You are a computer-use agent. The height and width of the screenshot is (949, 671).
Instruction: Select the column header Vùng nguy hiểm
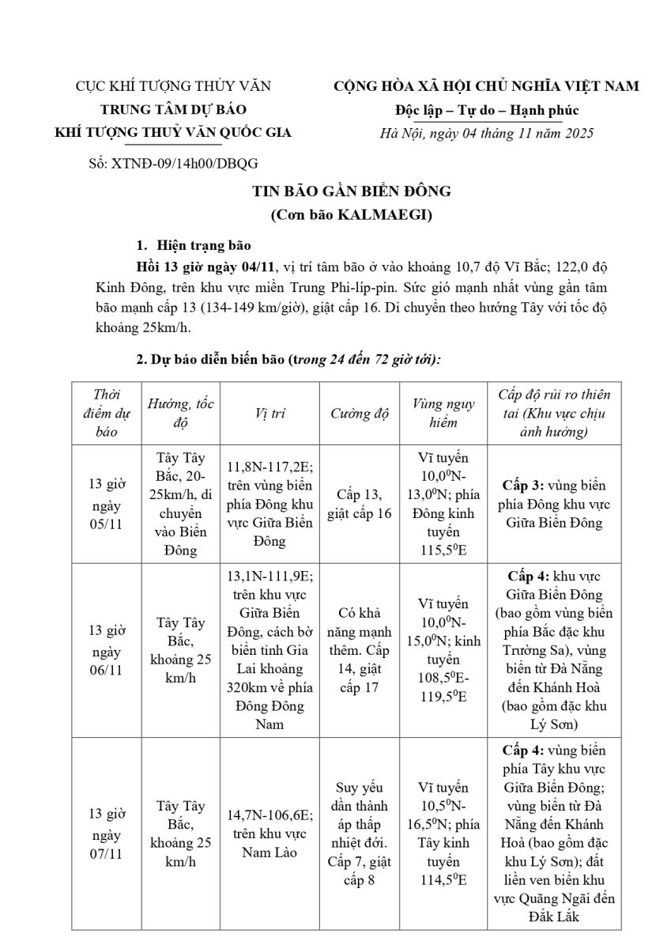443,414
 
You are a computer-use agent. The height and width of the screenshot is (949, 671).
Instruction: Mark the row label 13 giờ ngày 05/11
105,504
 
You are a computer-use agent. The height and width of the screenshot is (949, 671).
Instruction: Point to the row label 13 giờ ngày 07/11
105,833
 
